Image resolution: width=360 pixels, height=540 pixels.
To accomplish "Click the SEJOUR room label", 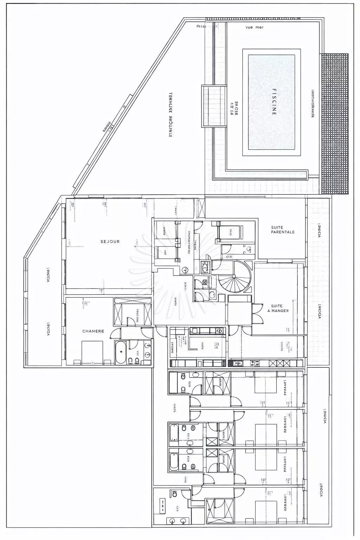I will click(110, 242).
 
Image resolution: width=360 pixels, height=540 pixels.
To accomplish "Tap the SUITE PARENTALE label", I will click(282, 230).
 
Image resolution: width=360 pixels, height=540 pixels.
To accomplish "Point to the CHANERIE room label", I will click(93, 331).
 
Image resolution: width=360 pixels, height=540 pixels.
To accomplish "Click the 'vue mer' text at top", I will click(254, 27).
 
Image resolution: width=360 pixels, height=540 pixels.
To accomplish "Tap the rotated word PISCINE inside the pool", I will click(274, 102).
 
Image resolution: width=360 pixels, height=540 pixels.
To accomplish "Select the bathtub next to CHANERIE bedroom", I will click(121, 352).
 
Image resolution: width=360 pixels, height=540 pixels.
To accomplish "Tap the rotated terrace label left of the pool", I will click(170, 115).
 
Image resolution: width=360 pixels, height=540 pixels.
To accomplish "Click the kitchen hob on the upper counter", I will click(219, 330).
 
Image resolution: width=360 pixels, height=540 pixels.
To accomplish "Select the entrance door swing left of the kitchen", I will click(161, 332).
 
